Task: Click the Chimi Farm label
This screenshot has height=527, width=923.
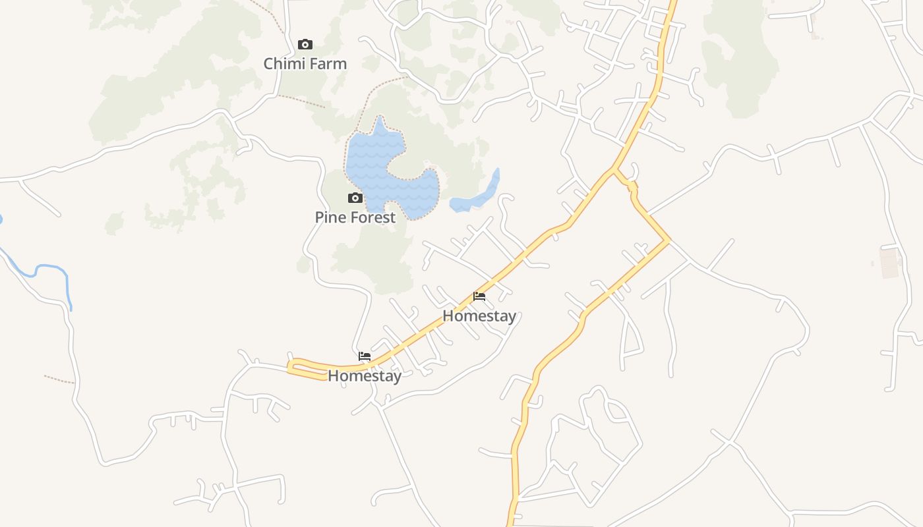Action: click(x=305, y=64)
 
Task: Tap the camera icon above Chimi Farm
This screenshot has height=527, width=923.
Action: click(x=305, y=45)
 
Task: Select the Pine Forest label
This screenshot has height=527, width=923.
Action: click(x=355, y=217)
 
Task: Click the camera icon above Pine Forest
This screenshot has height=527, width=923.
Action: click(x=355, y=198)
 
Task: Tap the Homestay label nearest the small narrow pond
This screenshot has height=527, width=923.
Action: click(x=479, y=316)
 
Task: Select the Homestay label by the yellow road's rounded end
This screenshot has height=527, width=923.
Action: click(x=365, y=376)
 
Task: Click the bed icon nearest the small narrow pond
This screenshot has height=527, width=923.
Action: click(x=479, y=296)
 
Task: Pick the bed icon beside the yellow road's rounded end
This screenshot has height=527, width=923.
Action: click(x=365, y=356)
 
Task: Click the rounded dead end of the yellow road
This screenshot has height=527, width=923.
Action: click(x=292, y=366)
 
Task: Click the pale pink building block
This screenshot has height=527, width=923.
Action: click(x=890, y=263)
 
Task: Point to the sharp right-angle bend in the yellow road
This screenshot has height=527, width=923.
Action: click(x=669, y=241)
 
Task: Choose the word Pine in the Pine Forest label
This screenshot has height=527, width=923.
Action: click(x=330, y=217)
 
